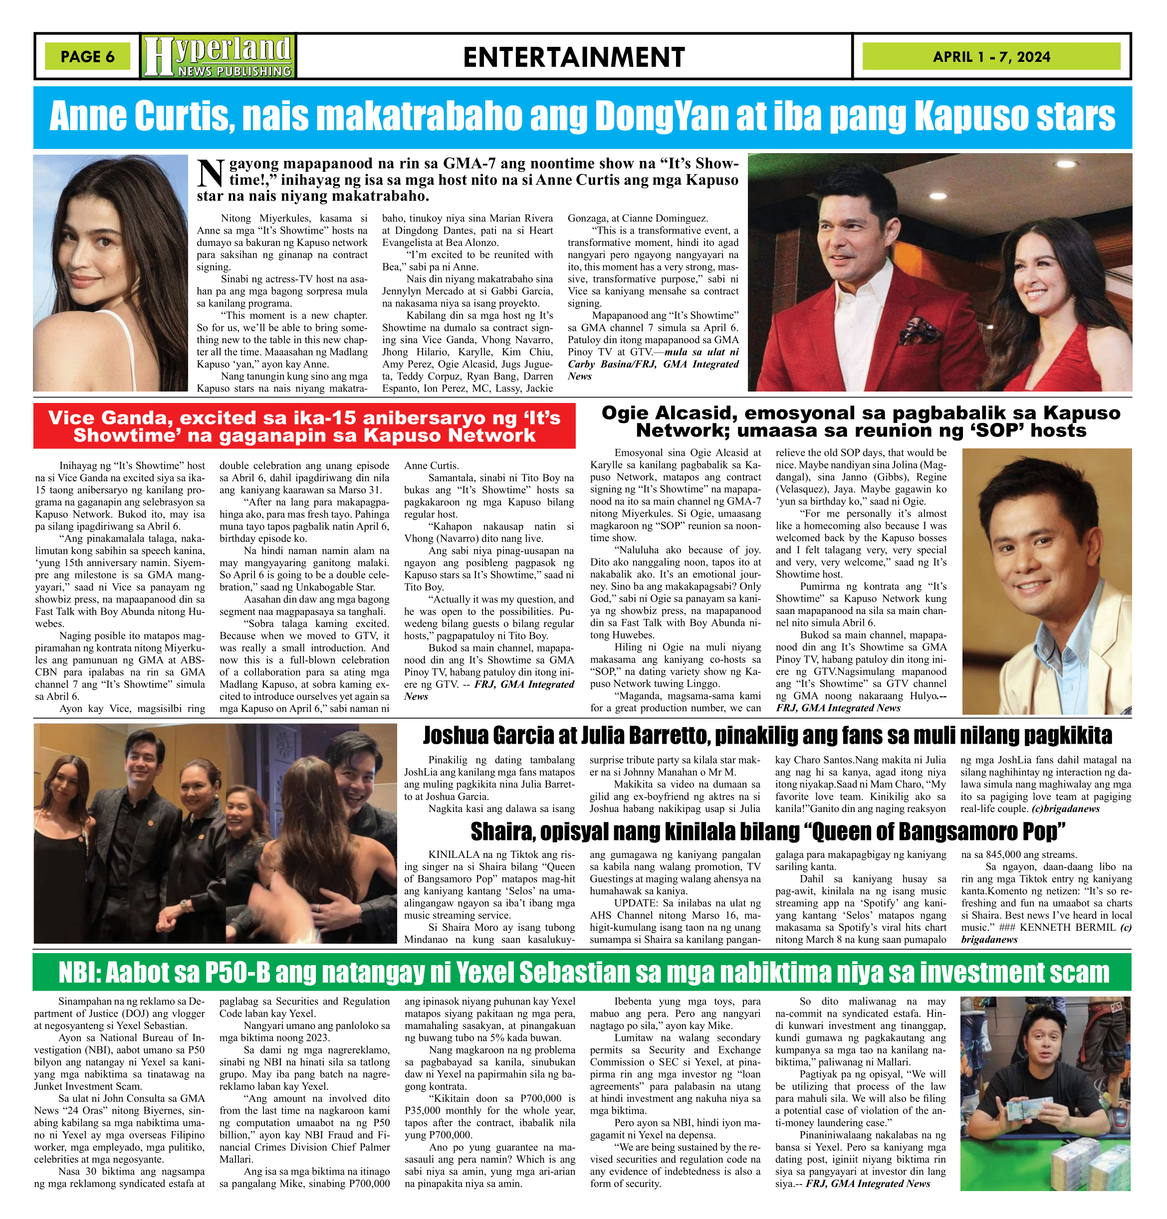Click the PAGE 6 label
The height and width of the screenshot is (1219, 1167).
(x=87, y=56)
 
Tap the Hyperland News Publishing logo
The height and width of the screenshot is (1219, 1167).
(x=219, y=56)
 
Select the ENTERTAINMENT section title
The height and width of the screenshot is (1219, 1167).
(x=574, y=57)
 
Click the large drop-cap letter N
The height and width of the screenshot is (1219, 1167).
(x=210, y=175)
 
